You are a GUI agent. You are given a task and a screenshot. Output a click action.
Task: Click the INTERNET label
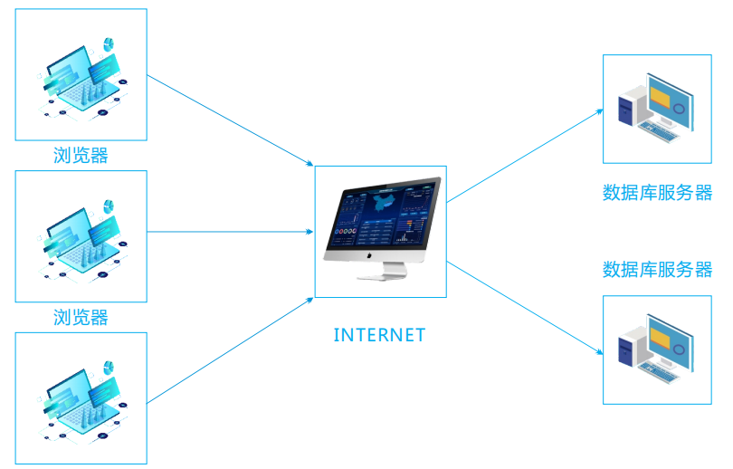coord(379,335)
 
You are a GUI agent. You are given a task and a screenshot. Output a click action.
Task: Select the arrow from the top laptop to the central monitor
coord(230,121)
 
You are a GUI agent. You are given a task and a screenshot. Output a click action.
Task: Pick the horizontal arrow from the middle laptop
coord(230,232)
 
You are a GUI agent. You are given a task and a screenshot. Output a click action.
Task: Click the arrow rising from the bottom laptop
coord(230,349)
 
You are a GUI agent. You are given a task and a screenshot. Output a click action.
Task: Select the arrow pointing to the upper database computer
coord(525,154)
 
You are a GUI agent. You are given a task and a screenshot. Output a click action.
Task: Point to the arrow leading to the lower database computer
coord(525,308)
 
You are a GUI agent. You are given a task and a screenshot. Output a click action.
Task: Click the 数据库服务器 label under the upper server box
coord(657,193)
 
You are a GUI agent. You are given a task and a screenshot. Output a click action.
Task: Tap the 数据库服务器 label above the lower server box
coord(657,269)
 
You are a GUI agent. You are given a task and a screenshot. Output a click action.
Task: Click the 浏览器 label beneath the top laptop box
coord(81,156)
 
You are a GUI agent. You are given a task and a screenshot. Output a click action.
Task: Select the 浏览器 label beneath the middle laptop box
coord(81,317)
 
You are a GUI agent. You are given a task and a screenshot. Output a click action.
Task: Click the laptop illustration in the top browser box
coord(81,78)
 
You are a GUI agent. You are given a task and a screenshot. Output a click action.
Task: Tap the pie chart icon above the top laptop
coord(109,44)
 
